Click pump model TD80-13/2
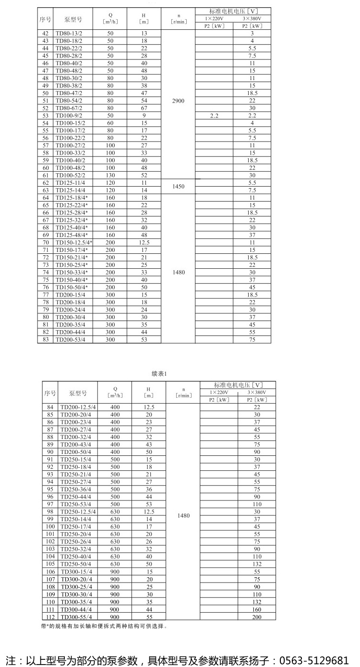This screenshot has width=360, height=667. click(69, 34)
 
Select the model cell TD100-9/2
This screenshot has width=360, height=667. click(71, 116)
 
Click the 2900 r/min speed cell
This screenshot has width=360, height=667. click(178, 101)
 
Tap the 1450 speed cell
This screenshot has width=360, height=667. click(178, 186)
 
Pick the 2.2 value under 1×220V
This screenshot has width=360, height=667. click(214, 116)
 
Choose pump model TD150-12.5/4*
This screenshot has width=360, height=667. click(73, 243)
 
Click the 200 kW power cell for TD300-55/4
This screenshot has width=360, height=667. click(257, 617)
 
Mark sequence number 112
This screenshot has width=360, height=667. click(50, 617)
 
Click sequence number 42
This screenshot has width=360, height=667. click(46, 34)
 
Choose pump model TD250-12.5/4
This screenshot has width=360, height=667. click(78, 512)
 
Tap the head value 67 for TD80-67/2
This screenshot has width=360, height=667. click(144, 108)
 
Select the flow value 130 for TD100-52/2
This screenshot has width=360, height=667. click(110, 176)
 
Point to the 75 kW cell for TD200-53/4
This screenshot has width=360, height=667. click(252, 340)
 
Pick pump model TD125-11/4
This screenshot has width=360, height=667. click(71, 183)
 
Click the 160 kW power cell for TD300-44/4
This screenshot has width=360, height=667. click(257, 609)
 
